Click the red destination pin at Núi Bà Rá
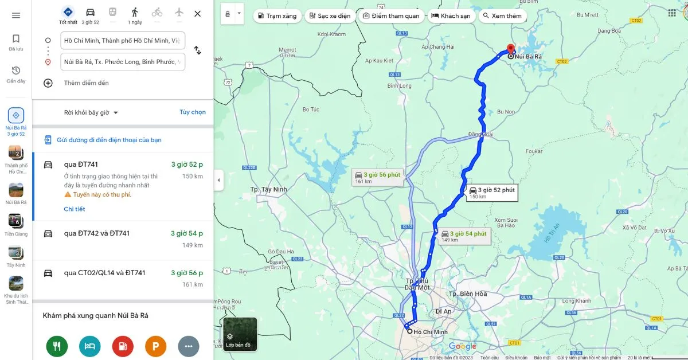[x=510, y=49]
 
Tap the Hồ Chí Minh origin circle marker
[x=409, y=331]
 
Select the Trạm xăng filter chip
[x=277, y=16]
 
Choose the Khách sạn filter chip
[x=451, y=16]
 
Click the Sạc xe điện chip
[x=329, y=16]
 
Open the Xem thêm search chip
[x=502, y=16]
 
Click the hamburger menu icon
[x=16, y=15]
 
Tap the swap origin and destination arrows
[x=197, y=50]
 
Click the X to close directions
[x=197, y=14]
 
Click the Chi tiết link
[x=75, y=209]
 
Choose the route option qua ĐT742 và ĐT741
[x=96, y=233]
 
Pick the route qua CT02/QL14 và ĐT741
[x=104, y=273]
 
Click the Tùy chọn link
[x=193, y=112]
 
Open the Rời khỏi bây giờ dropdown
[x=91, y=113]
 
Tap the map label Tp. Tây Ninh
[x=268, y=189]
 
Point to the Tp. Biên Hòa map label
[x=467, y=294]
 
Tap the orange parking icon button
[x=155, y=346]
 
